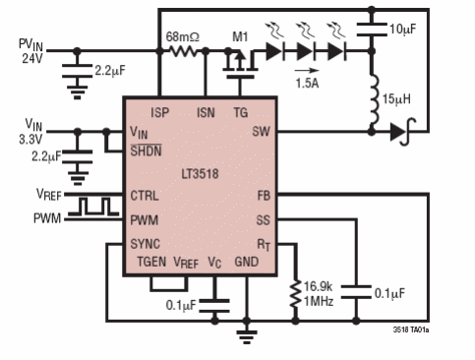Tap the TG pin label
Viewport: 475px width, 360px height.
tap(240, 111)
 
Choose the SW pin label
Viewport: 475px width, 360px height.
tap(260, 131)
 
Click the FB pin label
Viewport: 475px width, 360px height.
tap(262, 195)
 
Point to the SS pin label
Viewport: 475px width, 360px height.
tap(262, 219)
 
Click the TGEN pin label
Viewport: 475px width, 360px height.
tap(152, 263)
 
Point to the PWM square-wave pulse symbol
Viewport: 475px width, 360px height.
tap(95, 208)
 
